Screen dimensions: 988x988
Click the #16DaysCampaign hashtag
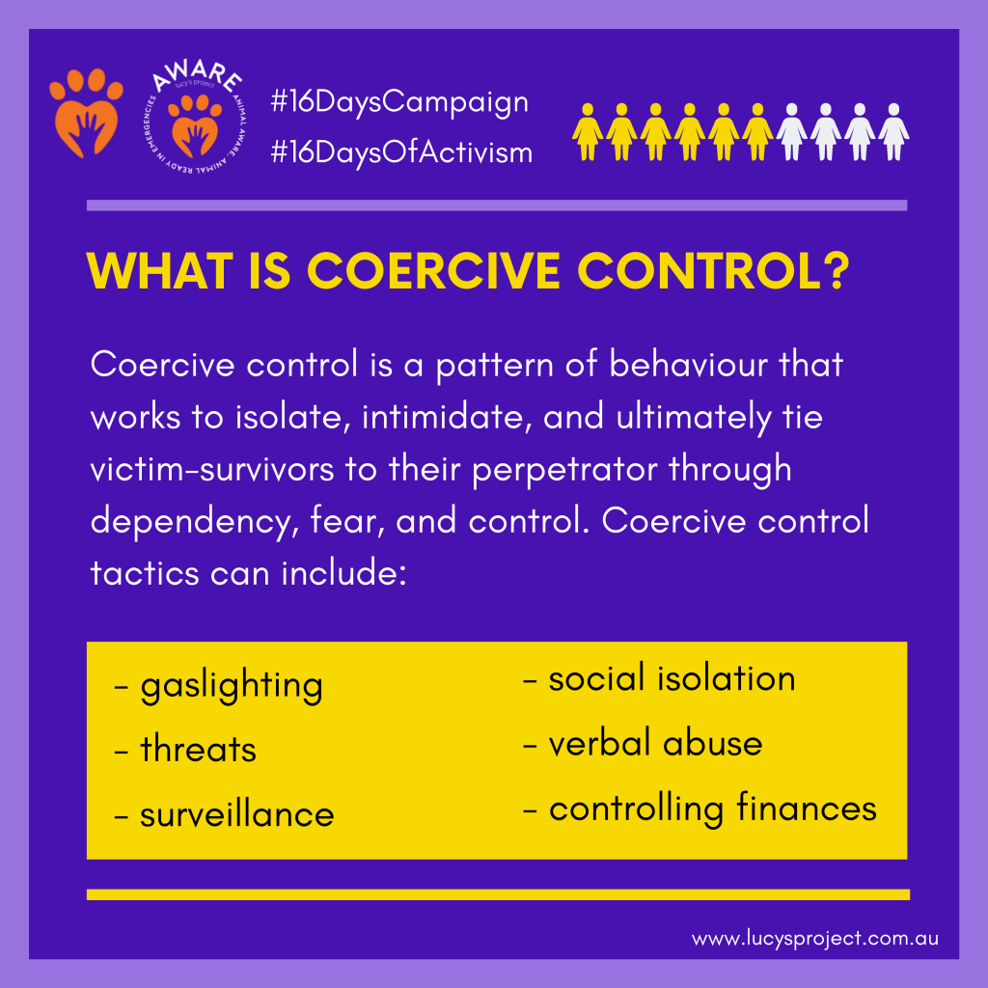coord(399,102)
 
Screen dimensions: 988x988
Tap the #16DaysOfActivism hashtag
coord(401,151)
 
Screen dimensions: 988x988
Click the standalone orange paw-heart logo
coord(86,113)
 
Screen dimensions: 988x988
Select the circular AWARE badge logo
coord(195,118)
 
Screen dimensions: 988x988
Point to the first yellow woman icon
coord(588,132)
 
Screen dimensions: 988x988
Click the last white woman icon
coord(893,132)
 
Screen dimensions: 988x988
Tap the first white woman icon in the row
coord(791,132)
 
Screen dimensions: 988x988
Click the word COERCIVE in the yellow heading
coord(433,271)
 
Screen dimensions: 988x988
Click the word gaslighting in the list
coord(232,686)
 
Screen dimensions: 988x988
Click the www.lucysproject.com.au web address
coord(814,939)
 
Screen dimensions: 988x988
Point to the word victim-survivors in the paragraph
coord(211,470)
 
